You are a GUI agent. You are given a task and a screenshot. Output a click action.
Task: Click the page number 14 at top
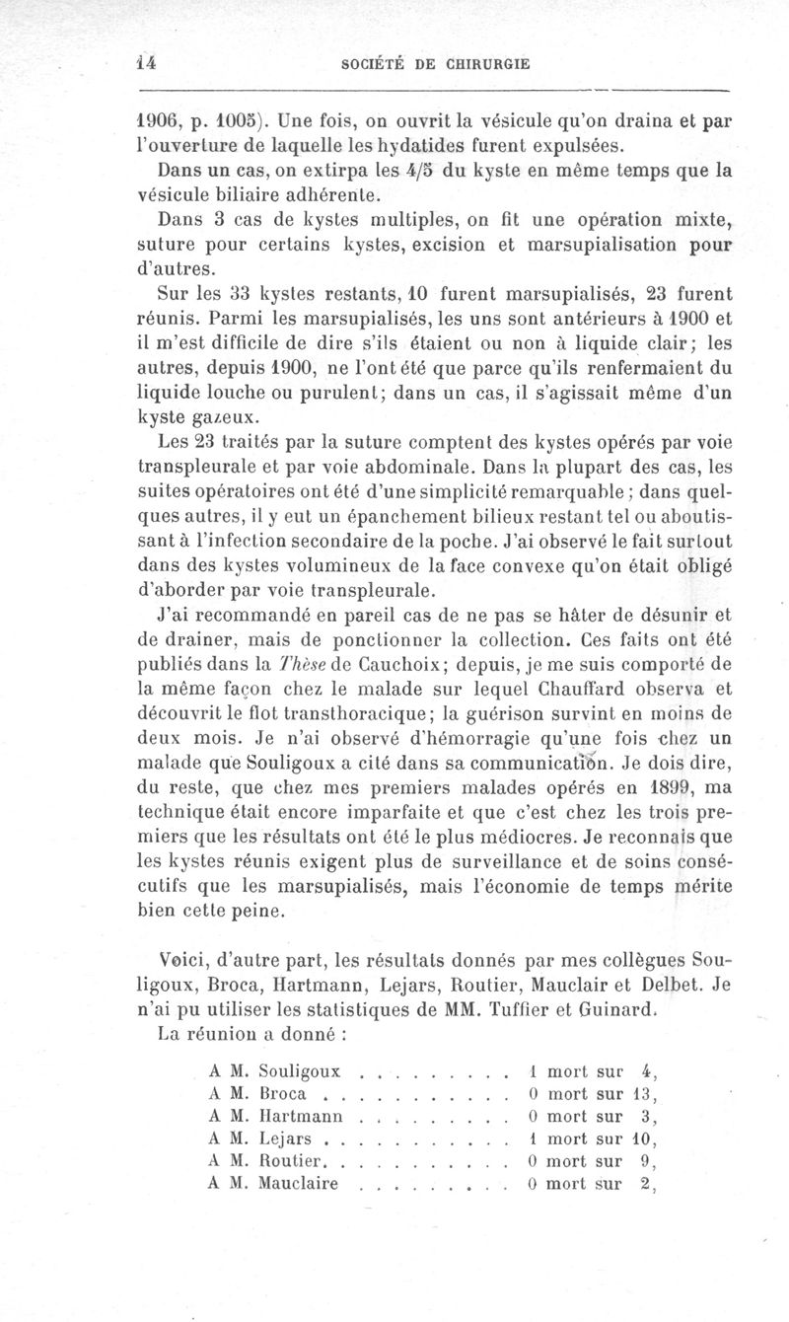[x=148, y=62]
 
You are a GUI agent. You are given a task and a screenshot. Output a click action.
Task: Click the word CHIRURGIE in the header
[x=477, y=64]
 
